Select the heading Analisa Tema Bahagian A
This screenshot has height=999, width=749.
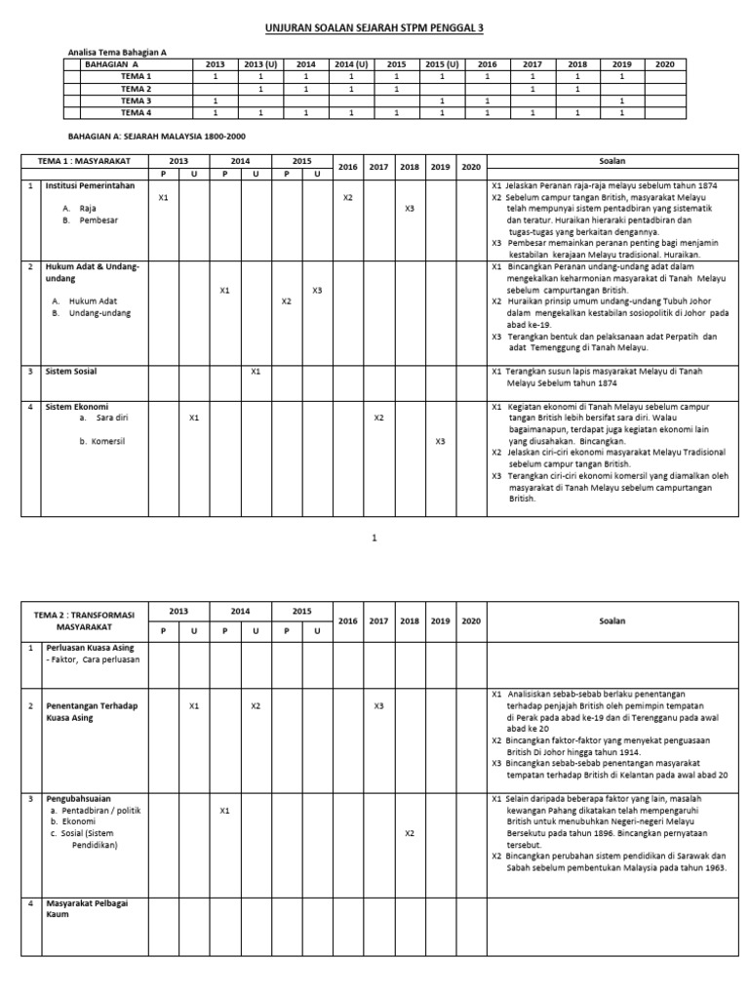(x=117, y=53)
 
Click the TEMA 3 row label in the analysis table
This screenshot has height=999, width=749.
(x=136, y=100)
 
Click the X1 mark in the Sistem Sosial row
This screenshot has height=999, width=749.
(x=256, y=371)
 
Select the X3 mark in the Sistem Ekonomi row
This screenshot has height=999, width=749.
(x=441, y=441)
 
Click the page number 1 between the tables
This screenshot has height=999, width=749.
(x=374, y=538)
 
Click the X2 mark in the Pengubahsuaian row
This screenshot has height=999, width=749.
(x=410, y=833)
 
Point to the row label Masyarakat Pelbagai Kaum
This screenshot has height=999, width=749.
(x=86, y=909)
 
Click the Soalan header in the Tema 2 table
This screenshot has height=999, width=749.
(x=611, y=620)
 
